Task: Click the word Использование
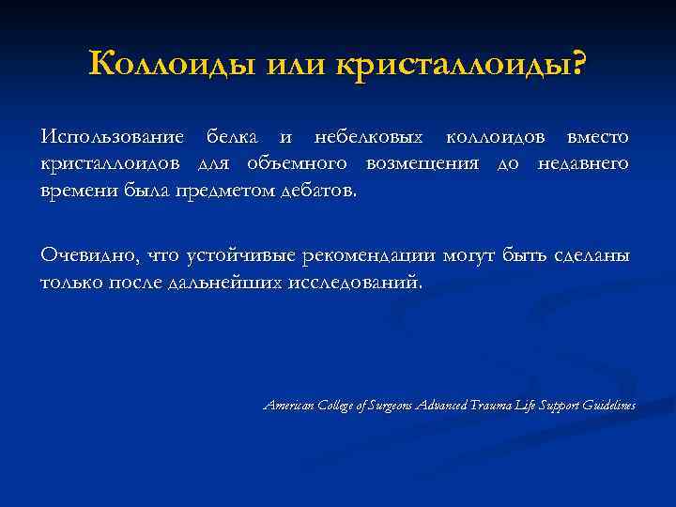click(115, 137)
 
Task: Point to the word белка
click(230, 137)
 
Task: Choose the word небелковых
click(367, 137)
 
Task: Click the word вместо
click(595, 137)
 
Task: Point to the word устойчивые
click(241, 254)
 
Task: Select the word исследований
click(361, 282)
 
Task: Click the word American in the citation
click(290, 405)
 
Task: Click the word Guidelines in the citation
click(609, 405)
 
